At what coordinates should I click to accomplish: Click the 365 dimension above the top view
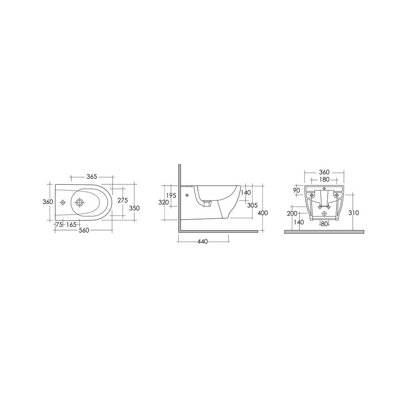[x=91, y=177]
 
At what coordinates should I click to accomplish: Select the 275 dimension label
[x=122, y=200]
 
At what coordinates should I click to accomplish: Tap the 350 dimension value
[x=135, y=208]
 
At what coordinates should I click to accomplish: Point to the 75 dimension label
[x=59, y=224]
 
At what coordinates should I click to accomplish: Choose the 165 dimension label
[x=71, y=224]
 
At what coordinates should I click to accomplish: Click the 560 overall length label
[x=84, y=230]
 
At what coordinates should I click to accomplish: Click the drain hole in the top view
[x=80, y=202]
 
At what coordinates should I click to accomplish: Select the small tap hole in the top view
[x=63, y=202]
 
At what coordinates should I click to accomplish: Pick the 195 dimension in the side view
[x=171, y=195]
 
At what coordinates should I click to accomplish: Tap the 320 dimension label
[x=164, y=202]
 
